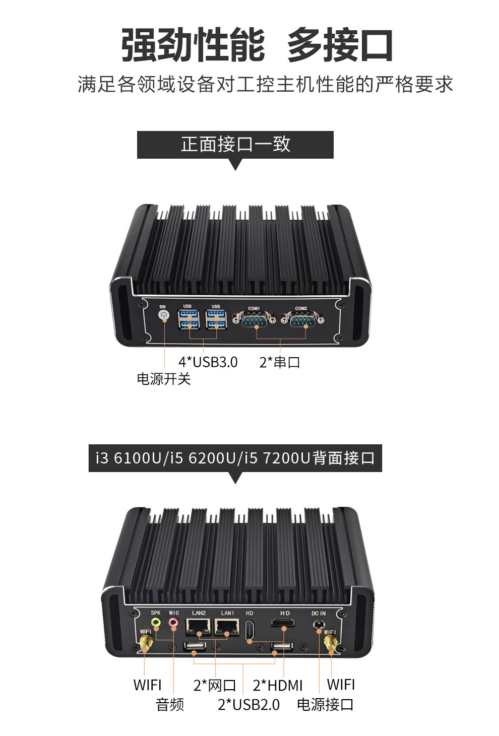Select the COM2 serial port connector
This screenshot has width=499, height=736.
pos(302,319)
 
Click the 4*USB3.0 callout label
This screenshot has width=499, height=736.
pos(208,362)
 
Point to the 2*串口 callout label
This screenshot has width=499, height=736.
pos(280,362)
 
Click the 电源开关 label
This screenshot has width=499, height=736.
pos(164,379)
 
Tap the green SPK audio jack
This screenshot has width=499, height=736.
pos(156,623)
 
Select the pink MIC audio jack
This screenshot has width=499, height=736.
pos(173,624)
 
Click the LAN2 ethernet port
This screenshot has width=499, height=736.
pos(199,627)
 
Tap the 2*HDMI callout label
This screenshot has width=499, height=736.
pos(278,685)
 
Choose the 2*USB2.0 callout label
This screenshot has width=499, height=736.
pos(248,704)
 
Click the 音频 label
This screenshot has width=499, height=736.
pos(170,704)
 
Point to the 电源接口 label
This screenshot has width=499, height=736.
pos(325,704)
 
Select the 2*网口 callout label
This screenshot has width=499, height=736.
pos(215,685)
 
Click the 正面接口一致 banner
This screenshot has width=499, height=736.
pos(235,145)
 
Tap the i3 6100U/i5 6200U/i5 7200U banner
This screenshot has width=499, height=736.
pos(235,458)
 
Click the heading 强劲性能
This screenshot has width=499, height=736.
pos(193,45)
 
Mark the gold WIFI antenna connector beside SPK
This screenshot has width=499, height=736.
pos(146,643)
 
